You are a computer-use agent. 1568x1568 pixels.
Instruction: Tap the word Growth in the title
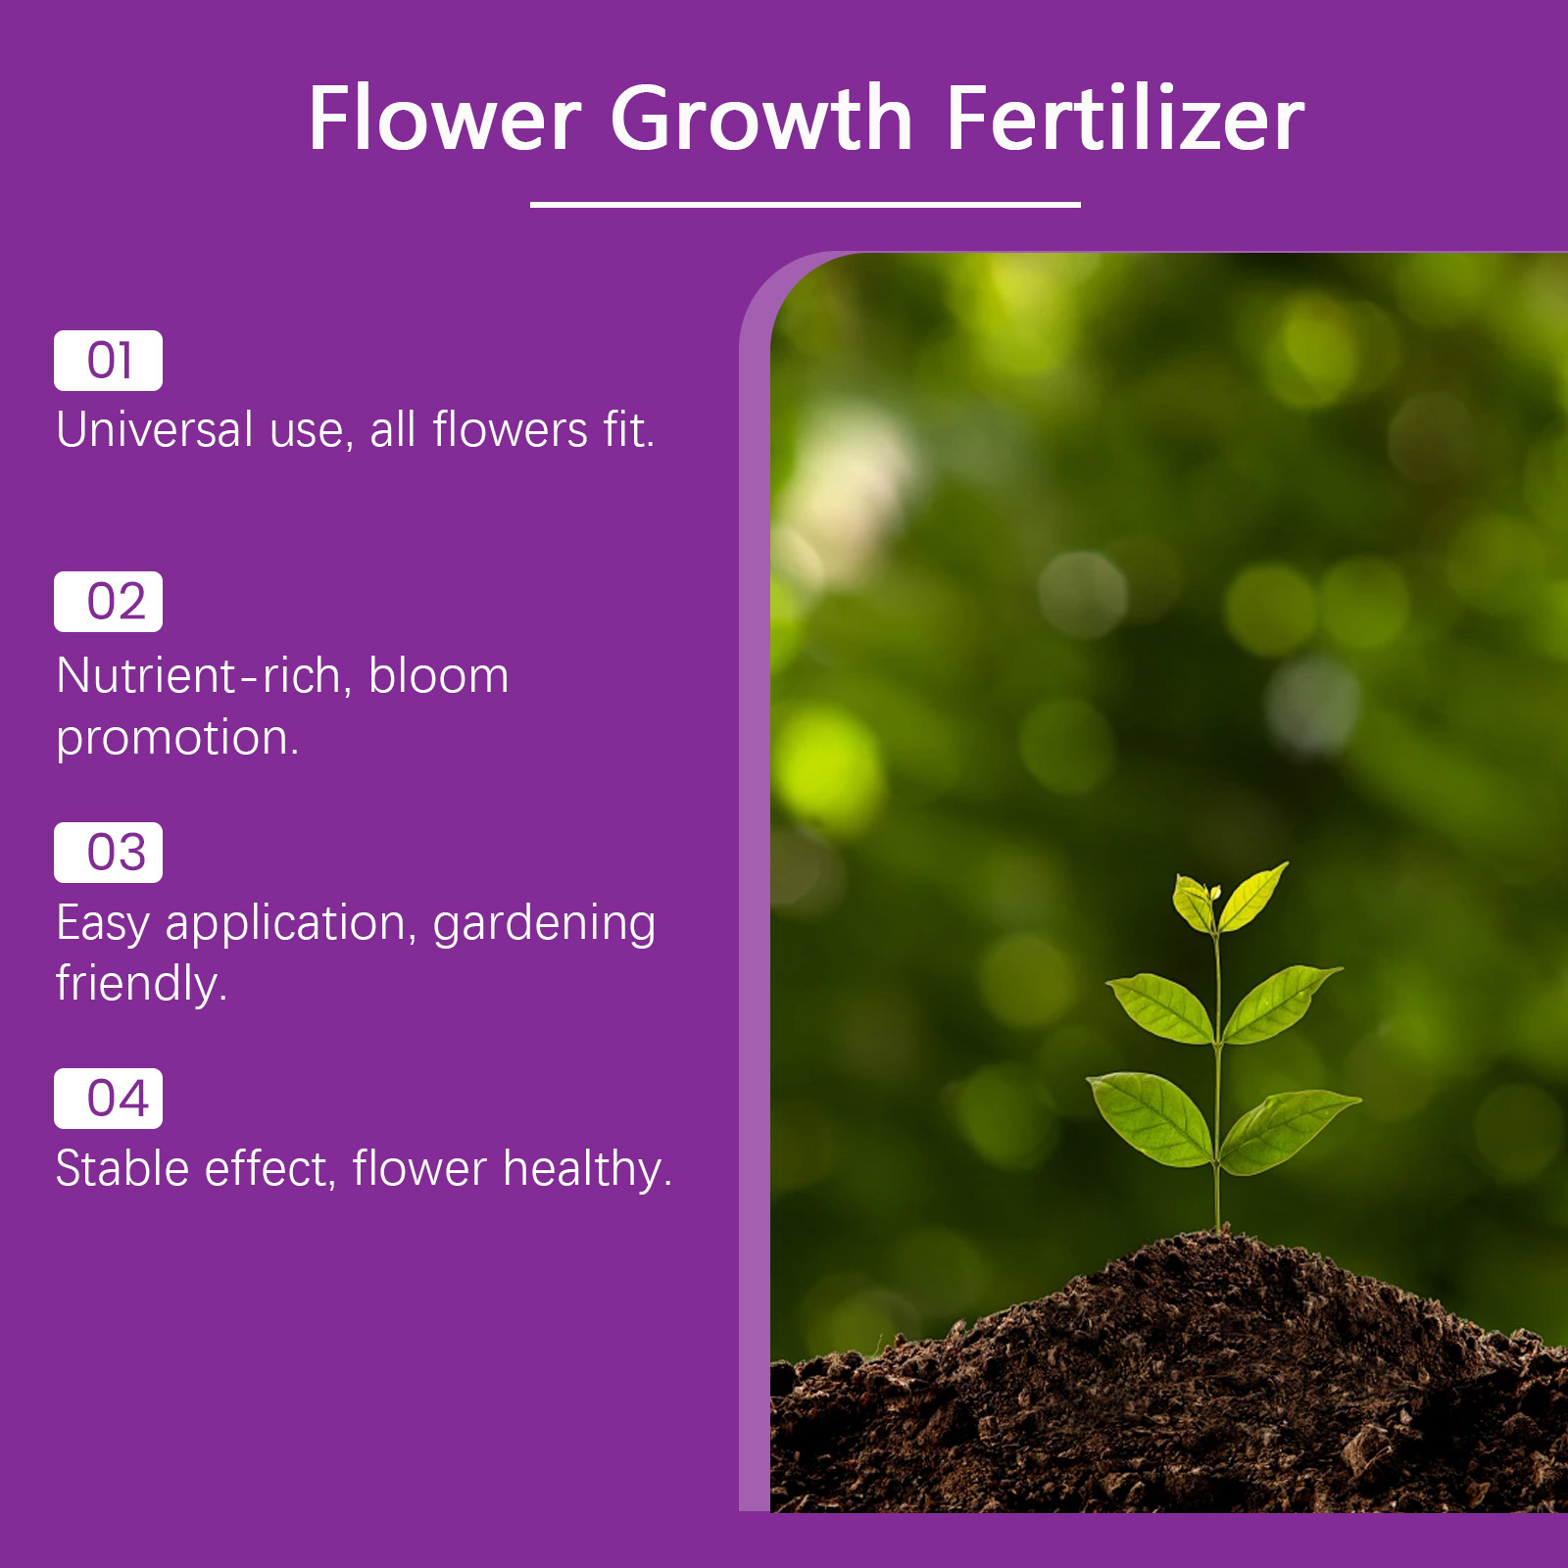(x=762, y=120)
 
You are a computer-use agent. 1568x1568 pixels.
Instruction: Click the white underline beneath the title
(x=806, y=204)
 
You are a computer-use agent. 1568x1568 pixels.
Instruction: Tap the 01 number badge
(x=108, y=361)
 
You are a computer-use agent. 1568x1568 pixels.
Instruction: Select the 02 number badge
(x=108, y=602)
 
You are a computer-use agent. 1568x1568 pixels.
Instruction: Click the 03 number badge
(x=108, y=853)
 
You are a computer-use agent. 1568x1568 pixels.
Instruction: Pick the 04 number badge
(x=108, y=1099)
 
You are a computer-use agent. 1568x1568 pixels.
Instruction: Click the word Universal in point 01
(x=155, y=430)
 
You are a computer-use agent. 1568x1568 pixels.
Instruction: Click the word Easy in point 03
(x=103, y=925)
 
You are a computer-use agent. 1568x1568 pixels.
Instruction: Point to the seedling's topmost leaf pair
(x=1230, y=898)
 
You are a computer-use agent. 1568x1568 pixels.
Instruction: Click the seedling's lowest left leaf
(x=1151, y=1117)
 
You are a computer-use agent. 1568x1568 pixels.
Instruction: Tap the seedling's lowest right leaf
(x=1289, y=1129)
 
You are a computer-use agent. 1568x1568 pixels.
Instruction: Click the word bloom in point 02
(x=439, y=676)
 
